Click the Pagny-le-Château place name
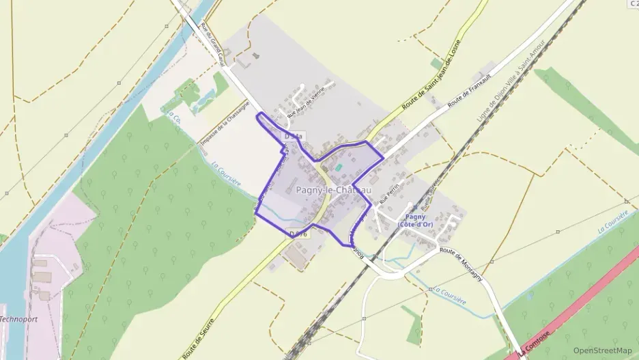point(334,189)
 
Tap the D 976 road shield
point(298,234)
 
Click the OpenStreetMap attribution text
point(603,350)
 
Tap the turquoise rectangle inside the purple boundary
point(339,166)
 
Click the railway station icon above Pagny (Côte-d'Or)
point(410,206)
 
